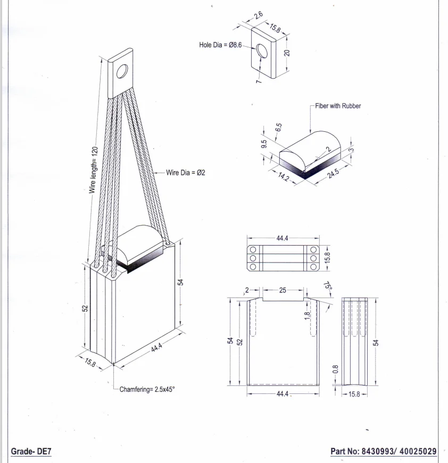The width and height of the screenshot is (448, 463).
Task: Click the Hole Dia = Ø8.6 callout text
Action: point(220,45)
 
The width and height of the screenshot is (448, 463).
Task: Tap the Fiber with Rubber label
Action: point(337,106)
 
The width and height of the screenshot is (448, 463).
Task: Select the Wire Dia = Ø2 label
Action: point(186,173)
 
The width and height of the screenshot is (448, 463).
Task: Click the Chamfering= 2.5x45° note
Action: point(147,390)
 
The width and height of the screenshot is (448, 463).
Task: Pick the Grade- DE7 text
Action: point(31,451)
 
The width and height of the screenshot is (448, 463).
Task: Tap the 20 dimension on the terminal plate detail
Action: point(286,53)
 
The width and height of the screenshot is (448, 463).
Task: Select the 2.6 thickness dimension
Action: point(258,16)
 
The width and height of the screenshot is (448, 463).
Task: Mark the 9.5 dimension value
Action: point(264,144)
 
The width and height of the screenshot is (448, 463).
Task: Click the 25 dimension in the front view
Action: point(282,290)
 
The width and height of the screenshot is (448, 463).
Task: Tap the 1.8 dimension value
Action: point(307,315)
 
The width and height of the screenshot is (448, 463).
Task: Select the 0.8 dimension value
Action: point(335,369)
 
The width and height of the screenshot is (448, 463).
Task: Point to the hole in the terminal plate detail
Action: point(262,50)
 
